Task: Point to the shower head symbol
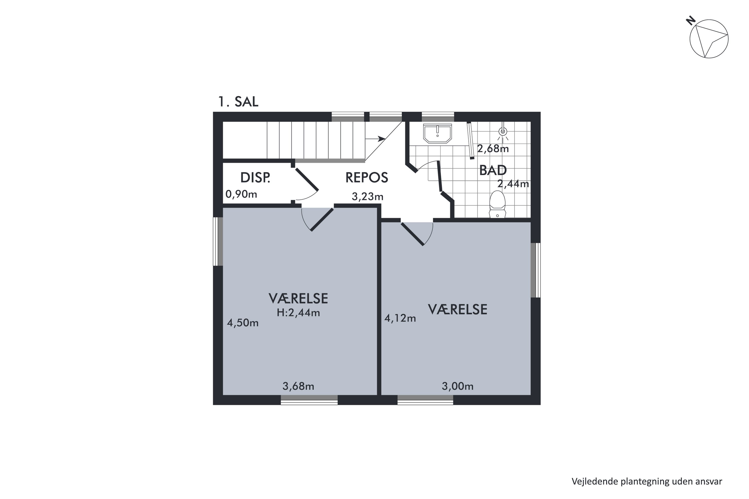[x=503, y=131]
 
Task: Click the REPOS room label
[x=367, y=178]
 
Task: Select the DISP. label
[x=255, y=178]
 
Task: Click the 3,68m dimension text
[x=298, y=386]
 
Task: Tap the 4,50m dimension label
[x=243, y=323]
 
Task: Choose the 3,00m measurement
[x=458, y=386]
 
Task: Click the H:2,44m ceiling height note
[x=298, y=313]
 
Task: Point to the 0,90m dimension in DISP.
[x=241, y=194]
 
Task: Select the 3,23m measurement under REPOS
[x=368, y=197]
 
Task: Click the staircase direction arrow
[x=375, y=139]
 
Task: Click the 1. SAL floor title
[x=238, y=102]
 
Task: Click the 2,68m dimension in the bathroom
[x=493, y=149]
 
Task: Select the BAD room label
[x=493, y=170]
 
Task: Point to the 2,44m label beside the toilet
[x=513, y=184]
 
